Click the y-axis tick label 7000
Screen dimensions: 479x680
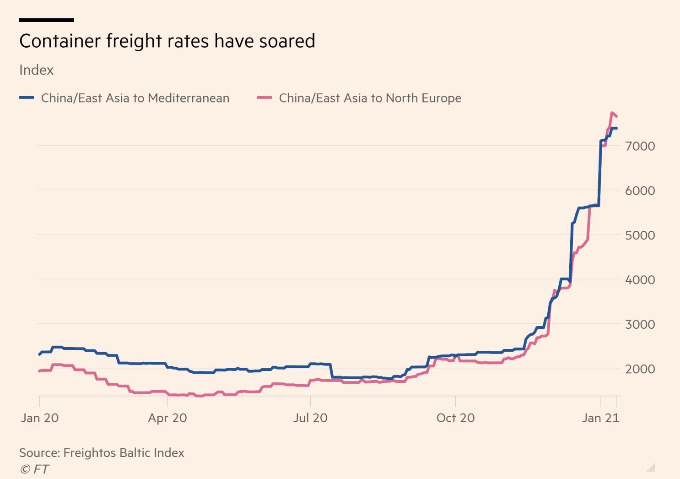tap(640, 146)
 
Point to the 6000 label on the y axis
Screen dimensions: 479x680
tap(640, 191)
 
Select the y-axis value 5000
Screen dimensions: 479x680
tap(640, 235)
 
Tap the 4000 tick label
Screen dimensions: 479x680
tap(640, 279)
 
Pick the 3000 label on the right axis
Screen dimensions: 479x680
tap(640, 324)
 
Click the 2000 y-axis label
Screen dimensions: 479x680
tap(640, 369)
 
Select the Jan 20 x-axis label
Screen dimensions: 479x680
tap(40, 418)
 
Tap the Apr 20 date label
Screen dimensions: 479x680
tap(167, 418)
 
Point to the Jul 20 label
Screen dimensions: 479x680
tap(310, 418)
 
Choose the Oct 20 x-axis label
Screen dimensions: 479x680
tap(455, 418)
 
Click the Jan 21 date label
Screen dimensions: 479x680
tap(600, 418)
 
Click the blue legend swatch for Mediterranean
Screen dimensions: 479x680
tap(27, 98)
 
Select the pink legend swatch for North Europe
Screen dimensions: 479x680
tap(264, 98)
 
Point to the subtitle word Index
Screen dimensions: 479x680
tap(37, 70)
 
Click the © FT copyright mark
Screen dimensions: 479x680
tap(34, 469)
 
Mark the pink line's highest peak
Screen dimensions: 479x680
tap(612, 113)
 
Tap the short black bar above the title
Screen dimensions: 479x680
tap(47, 20)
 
